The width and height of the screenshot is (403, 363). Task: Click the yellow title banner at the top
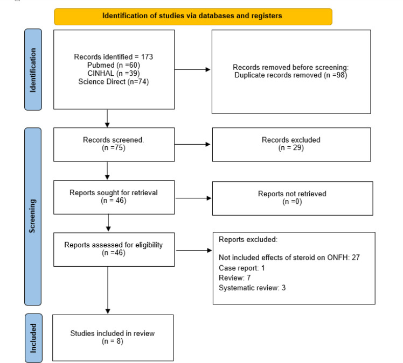[193, 17]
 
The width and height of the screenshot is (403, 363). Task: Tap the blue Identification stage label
[33, 69]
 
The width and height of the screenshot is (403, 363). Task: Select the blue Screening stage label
[33, 217]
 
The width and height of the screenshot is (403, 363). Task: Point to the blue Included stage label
[33, 338]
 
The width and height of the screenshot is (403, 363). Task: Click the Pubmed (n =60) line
[114, 65]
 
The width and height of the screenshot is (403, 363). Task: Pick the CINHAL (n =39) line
[114, 73]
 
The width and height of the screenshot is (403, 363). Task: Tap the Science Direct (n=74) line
[114, 82]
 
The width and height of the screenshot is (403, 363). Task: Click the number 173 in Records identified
[147, 56]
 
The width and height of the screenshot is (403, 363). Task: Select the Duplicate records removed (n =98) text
[291, 75]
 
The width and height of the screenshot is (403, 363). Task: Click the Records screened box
[114, 145]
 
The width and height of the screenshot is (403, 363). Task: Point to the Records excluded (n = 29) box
[291, 145]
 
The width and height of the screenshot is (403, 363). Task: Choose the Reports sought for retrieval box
[114, 197]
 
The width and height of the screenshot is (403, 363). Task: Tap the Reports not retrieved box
[293, 198]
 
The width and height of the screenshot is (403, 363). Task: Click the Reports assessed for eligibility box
[114, 250]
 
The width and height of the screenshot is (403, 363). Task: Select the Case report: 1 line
[241, 268]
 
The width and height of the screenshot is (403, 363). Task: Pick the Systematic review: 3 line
[252, 288]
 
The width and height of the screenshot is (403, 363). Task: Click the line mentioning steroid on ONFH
[289, 258]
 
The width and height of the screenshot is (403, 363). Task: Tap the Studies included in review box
[113, 338]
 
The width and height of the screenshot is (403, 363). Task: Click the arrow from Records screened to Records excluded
[192, 145]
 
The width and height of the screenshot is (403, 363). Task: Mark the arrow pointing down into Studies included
[108, 290]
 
